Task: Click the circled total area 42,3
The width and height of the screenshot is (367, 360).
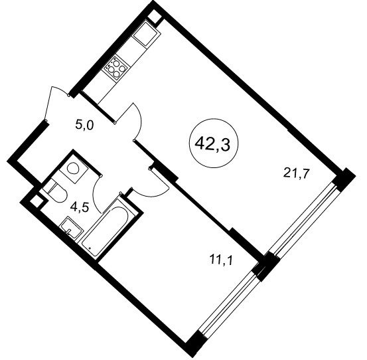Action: [213, 143]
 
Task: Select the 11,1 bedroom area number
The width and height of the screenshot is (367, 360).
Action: [222, 260]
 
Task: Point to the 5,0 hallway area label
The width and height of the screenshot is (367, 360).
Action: [84, 126]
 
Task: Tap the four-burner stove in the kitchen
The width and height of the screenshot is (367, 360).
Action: [116, 68]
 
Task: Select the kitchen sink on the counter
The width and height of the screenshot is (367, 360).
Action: [147, 34]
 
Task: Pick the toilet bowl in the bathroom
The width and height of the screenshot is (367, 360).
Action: [56, 191]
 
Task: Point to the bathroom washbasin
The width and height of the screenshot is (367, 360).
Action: [72, 228]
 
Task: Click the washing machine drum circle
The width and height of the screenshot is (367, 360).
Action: [73, 168]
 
